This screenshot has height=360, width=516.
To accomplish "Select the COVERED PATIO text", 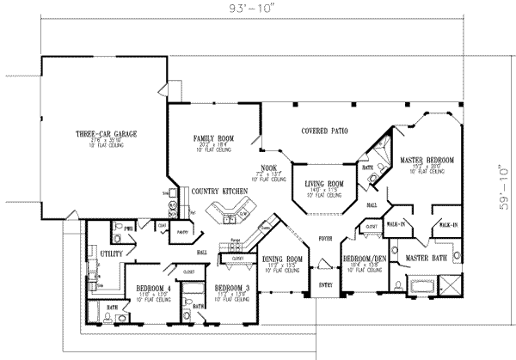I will coord(324,131).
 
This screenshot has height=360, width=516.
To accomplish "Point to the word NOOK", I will coord(269,168).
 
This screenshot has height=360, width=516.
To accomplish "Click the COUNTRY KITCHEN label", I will coord(219,190).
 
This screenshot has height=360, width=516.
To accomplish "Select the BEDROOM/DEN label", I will coord(362,259).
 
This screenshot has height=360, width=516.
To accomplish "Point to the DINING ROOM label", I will coord(283,259).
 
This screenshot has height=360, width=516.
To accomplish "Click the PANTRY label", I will coord(182,232).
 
